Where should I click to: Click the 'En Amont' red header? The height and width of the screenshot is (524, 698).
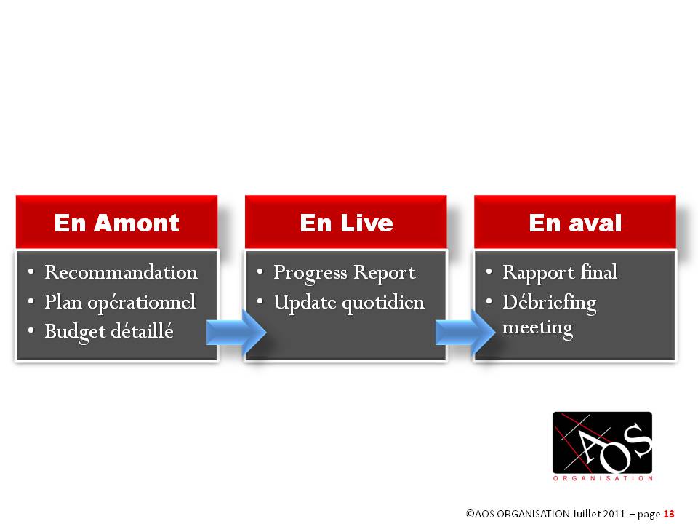click(x=116, y=222)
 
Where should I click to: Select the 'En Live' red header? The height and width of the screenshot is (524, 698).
click(x=346, y=222)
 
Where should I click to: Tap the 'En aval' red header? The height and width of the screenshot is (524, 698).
click(x=575, y=222)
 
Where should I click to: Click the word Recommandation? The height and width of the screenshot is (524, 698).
click(x=121, y=272)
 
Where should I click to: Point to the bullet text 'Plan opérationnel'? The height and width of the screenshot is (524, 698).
click(x=120, y=303)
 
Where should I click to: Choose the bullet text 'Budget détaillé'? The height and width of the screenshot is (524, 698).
click(x=109, y=332)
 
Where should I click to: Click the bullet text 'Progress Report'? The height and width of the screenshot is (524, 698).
click(x=345, y=273)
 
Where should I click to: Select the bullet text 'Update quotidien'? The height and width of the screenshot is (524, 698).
click(x=349, y=303)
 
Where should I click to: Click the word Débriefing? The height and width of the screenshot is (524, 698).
click(x=550, y=303)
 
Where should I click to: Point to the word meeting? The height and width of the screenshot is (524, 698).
click(x=538, y=328)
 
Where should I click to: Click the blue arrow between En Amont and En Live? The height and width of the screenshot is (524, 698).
click(x=236, y=332)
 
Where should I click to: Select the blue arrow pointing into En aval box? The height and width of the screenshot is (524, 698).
click(x=465, y=332)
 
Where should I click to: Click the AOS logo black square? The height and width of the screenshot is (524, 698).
click(x=602, y=442)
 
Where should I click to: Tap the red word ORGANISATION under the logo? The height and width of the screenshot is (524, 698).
click(x=603, y=479)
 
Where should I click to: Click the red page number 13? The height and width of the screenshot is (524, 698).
click(x=669, y=514)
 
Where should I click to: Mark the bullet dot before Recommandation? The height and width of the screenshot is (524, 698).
click(x=31, y=271)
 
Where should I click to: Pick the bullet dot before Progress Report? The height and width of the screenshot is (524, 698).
click(x=260, y=271)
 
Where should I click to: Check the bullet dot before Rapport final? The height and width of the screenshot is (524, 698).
click(x=489, y=271)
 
